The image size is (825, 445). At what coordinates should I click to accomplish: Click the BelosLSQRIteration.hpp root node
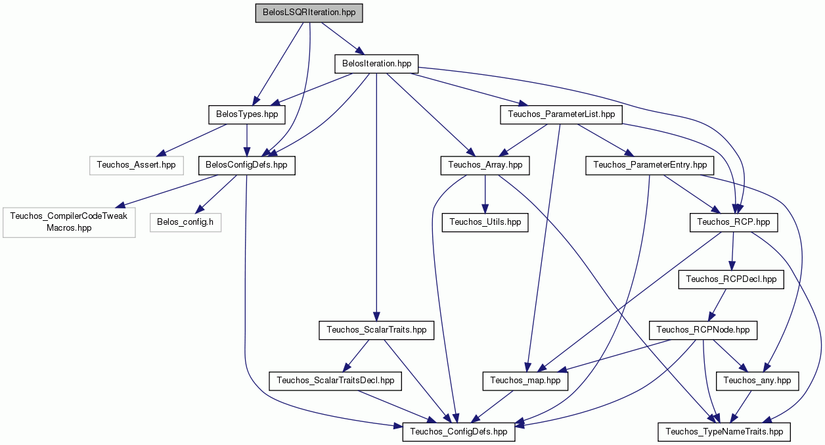click(309, 13)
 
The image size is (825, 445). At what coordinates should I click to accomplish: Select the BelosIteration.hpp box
click(376, 64)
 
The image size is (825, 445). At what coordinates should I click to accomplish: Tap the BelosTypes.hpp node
click(247, 114)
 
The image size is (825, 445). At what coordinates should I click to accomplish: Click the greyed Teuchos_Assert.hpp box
click(136, 166)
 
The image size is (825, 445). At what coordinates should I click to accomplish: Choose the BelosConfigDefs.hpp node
click(247, 166)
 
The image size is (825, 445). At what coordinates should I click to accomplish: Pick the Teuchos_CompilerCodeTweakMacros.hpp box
click(69, 222)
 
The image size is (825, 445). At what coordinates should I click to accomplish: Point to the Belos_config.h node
click(185, 222)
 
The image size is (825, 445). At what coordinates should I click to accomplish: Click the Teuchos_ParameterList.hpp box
click(562, 114)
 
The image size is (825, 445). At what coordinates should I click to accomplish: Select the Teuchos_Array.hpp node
click(485, 166)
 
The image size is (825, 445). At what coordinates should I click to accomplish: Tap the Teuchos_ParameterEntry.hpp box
click(650, 166)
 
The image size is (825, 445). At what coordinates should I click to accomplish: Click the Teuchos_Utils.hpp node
click(485, 222)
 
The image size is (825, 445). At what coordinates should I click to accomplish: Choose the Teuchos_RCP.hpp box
click(734, 222)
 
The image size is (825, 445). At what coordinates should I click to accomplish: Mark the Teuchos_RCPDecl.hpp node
click(731, 279)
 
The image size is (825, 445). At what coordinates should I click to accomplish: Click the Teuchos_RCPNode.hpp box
click(703, 331)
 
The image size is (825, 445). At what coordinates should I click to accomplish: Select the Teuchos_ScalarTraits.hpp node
click(376, 331)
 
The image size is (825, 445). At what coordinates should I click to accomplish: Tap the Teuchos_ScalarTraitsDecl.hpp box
click(335, 381)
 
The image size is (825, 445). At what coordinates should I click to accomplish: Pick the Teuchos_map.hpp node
click(525, 381)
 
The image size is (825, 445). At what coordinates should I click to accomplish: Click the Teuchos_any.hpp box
click(757, 381)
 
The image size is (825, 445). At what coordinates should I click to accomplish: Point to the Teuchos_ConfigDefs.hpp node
click(458, 432)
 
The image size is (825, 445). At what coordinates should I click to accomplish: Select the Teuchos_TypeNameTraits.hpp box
click(724, 432)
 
